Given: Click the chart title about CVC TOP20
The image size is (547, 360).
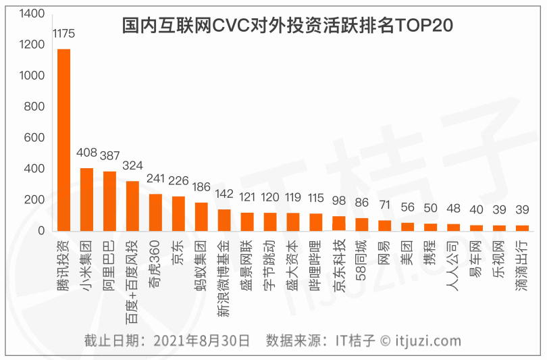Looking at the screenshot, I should (287, 25).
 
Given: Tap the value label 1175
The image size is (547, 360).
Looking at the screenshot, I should (63, 34).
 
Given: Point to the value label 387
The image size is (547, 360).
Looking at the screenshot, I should (109, 156).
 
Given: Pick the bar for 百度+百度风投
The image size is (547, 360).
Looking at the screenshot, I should (132, 206).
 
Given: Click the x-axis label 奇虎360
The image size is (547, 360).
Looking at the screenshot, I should (155, 260).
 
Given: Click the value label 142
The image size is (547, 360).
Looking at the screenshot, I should (224, 194).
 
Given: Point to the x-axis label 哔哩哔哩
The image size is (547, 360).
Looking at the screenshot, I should (316, 260).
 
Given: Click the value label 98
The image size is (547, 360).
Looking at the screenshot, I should (338, 201).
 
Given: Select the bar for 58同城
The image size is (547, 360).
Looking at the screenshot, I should (361, 224).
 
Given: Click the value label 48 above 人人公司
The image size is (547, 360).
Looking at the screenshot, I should (453, 209).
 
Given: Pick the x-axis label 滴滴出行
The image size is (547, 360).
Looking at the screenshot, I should (522, 260).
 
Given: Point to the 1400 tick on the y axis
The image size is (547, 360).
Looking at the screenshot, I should (32, 14).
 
